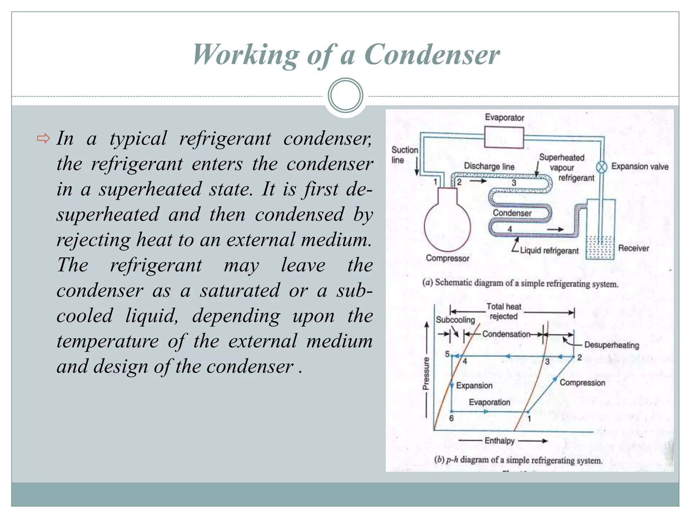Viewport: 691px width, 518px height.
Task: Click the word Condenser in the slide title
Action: click(432, 55)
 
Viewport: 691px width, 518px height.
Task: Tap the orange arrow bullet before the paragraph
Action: click(44, 138)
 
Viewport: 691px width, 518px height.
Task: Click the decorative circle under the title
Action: click(345, 95)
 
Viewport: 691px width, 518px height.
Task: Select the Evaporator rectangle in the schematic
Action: click(504, 137)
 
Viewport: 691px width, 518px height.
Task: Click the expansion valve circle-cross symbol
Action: click(601, 167)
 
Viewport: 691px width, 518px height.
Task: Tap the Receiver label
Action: click(633, 248)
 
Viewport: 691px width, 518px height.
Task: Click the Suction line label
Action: click(404, 155)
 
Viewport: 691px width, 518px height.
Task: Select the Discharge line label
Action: click(489, 166)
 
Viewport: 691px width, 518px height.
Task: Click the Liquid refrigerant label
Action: click(549, 251)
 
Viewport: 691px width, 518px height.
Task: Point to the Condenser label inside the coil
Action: click(512, 213)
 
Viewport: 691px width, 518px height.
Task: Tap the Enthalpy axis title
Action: click(499, 441)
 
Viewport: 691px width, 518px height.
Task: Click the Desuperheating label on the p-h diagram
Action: click(611, 345)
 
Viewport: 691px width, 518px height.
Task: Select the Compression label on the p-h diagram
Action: click(582, 383)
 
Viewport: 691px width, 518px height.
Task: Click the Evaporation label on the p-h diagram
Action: click(489, 402)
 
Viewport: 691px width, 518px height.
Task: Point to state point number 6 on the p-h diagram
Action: click(451, 418)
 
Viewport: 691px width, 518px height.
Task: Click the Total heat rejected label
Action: click(503, 311)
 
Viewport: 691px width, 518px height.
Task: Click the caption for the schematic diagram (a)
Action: click(520, 283)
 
